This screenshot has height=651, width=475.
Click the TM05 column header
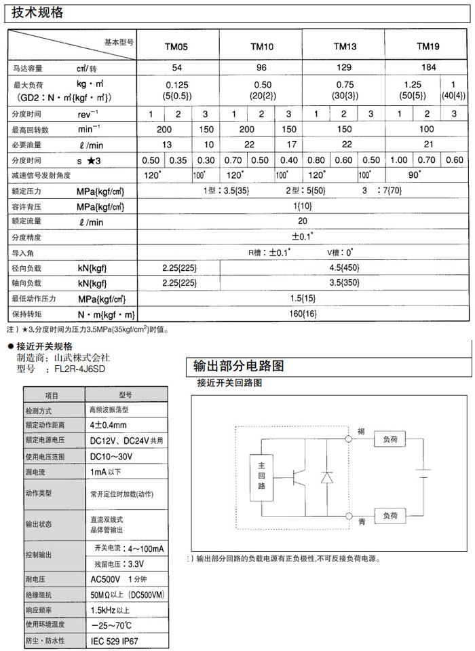[177, 47]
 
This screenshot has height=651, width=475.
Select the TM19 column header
[427, 47]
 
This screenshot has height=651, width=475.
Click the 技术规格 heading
[38, 12]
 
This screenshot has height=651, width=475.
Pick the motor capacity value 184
[427, 68]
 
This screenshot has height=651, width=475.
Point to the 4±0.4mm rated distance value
[109, 426]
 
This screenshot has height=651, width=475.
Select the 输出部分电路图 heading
[239, 366]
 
